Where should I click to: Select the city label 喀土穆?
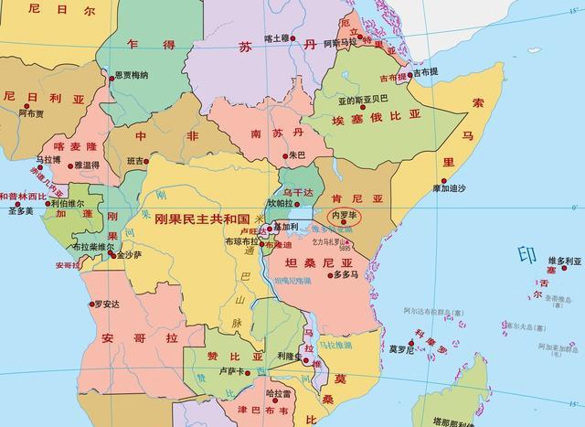tap(277, 37)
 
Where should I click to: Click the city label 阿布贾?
tap(32, 113)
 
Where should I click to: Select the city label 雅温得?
tap(87, 165)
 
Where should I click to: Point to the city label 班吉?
tap(136, 161)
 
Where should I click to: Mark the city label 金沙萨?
tap(131, 256)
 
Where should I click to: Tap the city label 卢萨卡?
tap(232, 372)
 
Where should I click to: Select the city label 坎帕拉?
tap(282, 203)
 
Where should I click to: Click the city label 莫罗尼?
tap(402, 348)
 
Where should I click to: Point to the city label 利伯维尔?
tap(67, 203)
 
